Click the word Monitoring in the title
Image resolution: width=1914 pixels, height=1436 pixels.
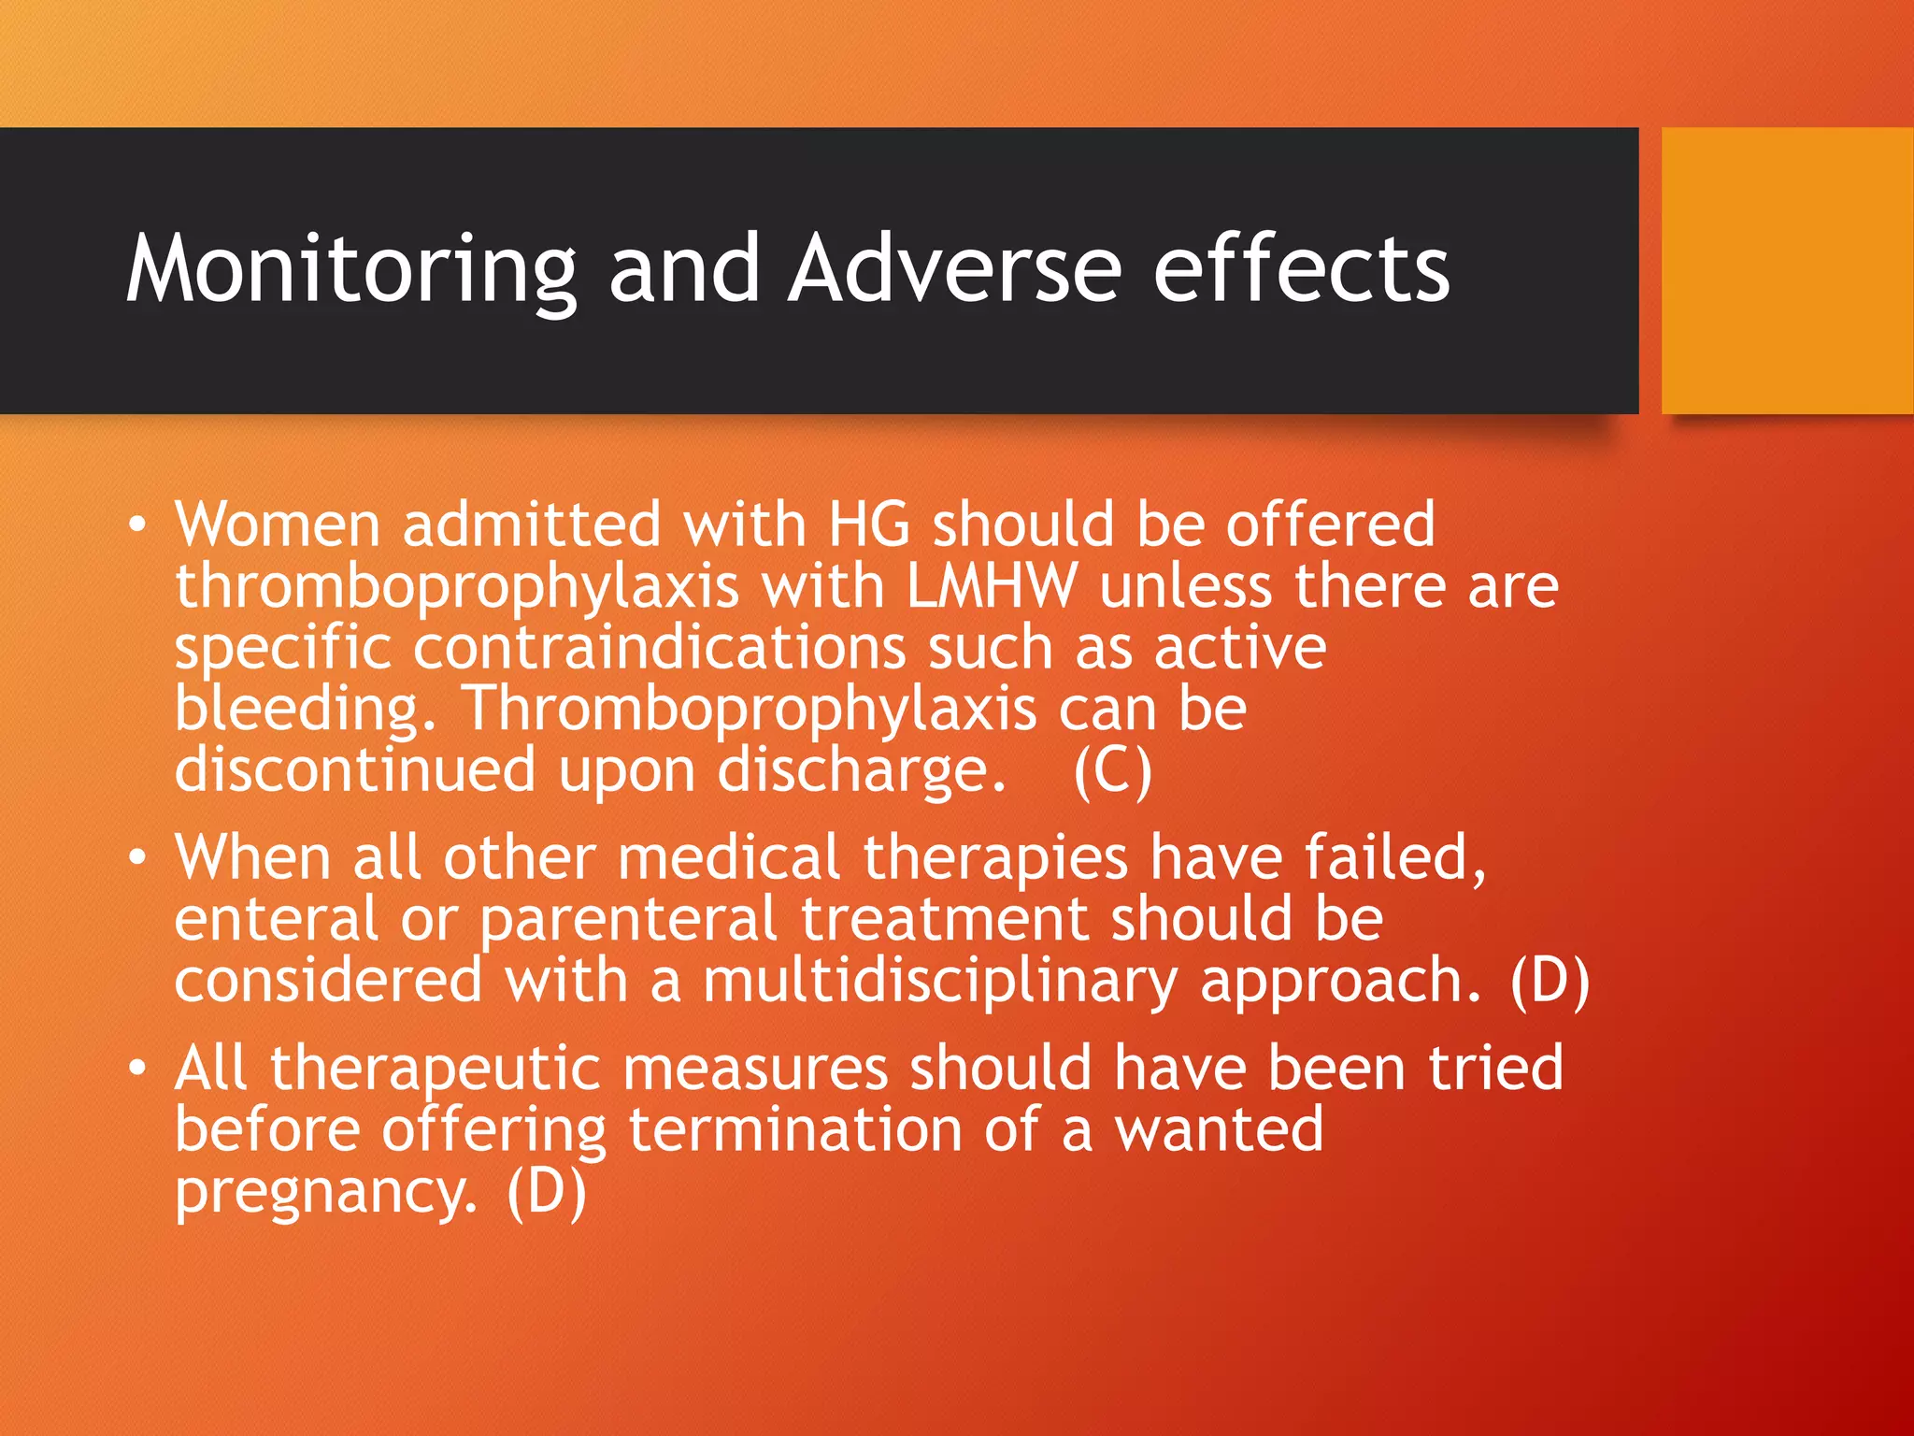tap(351, 271)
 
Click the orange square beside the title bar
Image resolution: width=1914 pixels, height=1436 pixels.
tap(1787, 271)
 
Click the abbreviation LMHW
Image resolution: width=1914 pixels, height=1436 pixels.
tap(992, 586)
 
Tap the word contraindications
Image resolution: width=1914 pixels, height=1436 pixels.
tap(659, 647)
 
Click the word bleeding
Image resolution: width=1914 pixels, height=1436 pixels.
tap(305, 711)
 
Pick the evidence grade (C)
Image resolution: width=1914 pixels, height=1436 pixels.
tap(1112, 770)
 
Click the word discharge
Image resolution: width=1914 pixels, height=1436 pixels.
tap(861, 772)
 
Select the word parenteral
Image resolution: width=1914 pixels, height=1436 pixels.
tap(628, 920)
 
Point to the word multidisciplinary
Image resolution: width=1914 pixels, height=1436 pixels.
tap(939, 982)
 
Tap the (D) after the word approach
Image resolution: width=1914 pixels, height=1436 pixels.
tap(1550, 982)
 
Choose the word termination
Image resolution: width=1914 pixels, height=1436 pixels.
tap(794, 1129)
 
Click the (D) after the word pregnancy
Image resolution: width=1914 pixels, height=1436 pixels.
tap(547, 1191)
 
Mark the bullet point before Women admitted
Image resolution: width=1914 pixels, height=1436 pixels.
tap(137, 524)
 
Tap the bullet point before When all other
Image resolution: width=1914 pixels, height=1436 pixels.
tap(137, 857)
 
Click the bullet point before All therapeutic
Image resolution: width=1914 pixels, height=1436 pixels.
tap(137, 1068)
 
